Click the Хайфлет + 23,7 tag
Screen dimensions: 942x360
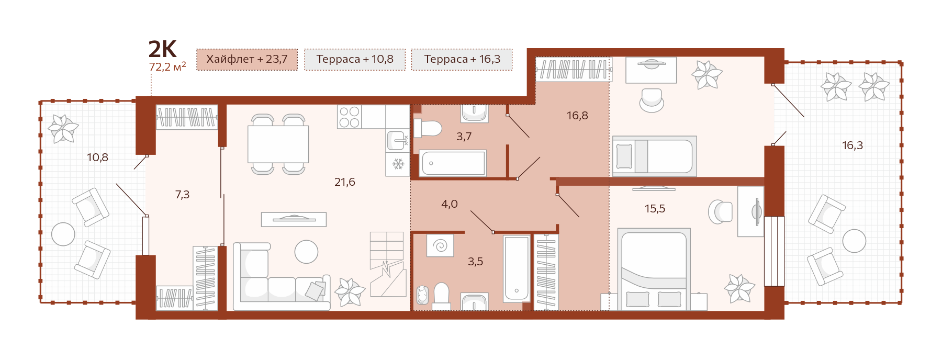pyautogui.click(x=247, y=59)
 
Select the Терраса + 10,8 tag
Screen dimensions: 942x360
pyautogui.click(x=355, y=59)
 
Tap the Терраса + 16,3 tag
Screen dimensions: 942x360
pyautogui.click(x=462, y=59)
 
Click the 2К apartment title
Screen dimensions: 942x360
pyautogui.click(x=163, y=49)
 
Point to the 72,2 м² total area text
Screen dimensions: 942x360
pyautogui.click(x=167, y=67)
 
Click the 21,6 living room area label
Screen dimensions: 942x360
pyautogui.click(x=345, y=182)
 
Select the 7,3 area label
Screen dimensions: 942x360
pyautogui.click(x=182, y=195)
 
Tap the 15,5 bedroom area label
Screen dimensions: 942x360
pyautogui.click(x=655, y=209)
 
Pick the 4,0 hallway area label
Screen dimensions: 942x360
pyautogui.click(x=450, y=204)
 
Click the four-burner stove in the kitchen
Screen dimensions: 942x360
pyautogui.click(x=349, y=117)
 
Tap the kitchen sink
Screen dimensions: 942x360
pyautogui.click(x=398, y=140)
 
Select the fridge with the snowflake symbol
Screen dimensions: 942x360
pyautogui.click(x=398, y=164)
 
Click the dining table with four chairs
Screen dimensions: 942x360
pyautogui.click(x=278, y=144)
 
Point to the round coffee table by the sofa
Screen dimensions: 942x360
pyautogui.click(x=306, y=252)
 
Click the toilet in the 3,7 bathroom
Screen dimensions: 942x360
pyautogui.click(x=428, y=128)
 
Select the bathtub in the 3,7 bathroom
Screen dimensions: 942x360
pyautogui.click(x=453, y=163)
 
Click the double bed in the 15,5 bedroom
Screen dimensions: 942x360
pyautogui.click(x=654, y=269)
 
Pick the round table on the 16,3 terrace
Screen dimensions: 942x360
pyautogui.click(x=854, y=241)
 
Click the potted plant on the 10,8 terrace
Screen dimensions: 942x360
pyautogui.click(x=63, y=129)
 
